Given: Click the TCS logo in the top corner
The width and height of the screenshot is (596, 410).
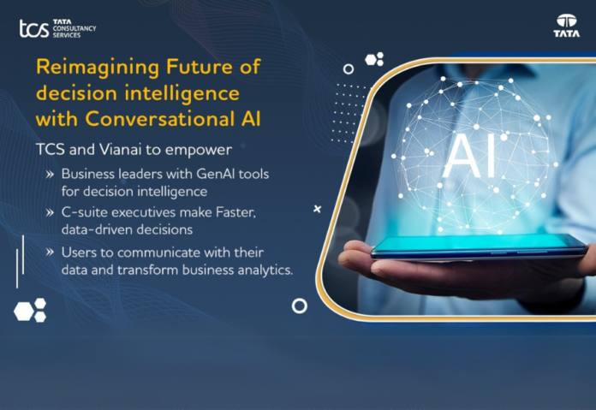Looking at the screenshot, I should point(57,28).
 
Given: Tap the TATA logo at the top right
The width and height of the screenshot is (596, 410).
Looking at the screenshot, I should point(566,27).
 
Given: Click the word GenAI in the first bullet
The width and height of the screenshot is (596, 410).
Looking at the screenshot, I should point(206,174).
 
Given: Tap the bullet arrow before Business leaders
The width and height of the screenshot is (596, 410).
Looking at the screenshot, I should point(51,174).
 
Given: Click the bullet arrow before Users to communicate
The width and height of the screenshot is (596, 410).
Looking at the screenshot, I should point(51,253).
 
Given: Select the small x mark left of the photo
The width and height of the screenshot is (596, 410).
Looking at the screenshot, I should point(318,208).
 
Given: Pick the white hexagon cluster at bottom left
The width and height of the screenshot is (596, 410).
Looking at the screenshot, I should point(29,311).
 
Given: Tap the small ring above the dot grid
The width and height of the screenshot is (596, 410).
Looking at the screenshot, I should point(348,68).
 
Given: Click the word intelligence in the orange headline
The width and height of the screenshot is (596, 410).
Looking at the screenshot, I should point(185,92).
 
